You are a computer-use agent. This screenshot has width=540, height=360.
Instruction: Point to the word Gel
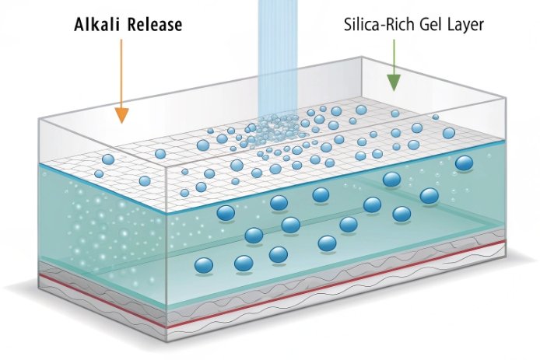pyautogui.click(x=431, y=25)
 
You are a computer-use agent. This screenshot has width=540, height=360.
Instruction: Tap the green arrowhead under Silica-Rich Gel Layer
pyautogui.click(x=393, y=82)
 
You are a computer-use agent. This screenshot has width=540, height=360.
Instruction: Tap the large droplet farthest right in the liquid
pyautogui.click(x=465, y=163)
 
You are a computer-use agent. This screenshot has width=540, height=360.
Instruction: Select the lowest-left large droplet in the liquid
pyautogui.click(x=204, y=266)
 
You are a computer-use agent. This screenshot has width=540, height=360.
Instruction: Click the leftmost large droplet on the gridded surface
pyautogui.click(x=108, y=159)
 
